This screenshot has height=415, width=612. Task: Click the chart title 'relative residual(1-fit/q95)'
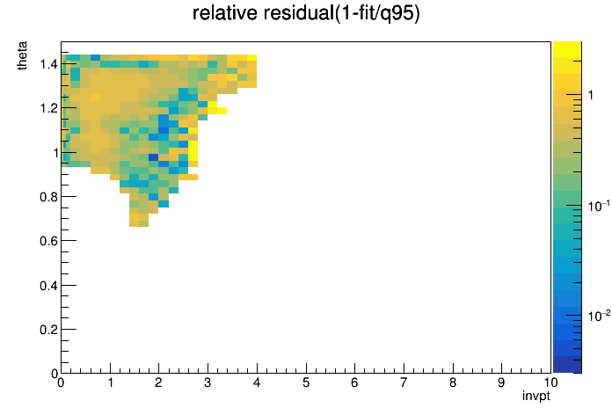pyautogui.click(x=306, y=13)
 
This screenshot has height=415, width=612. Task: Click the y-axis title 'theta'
pyautogui.click(x=22, y=55)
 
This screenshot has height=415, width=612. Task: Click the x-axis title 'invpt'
pyautogui.click(x=536, y=396)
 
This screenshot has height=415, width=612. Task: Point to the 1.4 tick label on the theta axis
pyautogui.click(x=48, y=63)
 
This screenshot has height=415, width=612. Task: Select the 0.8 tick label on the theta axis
pyautogui.click(x=48, y=197)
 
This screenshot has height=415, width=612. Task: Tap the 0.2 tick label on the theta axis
pyautogui.click(x=48, y=330)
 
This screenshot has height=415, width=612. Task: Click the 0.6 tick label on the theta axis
pyautogui.click(x=48, y=241)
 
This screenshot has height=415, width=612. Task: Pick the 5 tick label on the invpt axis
pyautogui.click(x=306, y=382)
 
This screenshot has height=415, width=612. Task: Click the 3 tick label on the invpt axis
pyautogui.click(x=208, y=382)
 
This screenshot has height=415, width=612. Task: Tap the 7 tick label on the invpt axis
pyautogui.click(x=404, y=382)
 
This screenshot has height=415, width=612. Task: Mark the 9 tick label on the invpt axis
pyautogui.click(x=501, y=382)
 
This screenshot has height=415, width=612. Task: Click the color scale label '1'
pyautogui.click(x=591, y=95)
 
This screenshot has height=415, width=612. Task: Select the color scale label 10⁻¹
pyautogui.click(x=599, y=206)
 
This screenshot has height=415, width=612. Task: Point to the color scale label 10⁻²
pyautogui.click(x=599, y=316)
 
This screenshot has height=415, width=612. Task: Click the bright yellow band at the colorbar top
pyautogui.click(x=567, y=50)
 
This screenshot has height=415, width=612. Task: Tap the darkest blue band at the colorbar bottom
pyautogui.click(x=567, y=365)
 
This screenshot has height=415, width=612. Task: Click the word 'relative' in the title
pyautogui.click(x=225, y=13)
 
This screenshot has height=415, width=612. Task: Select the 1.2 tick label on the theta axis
pyautogui.click(x=48, y=108)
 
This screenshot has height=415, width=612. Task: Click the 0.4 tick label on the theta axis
pyautogui.click(x=48, y=286)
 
